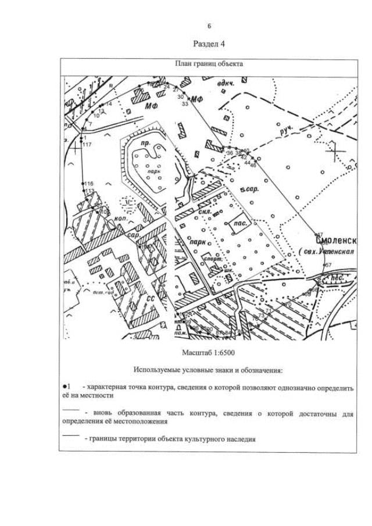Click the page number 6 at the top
click(209, 26)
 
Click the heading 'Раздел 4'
click(209, 44)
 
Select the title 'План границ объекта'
click(209, 65)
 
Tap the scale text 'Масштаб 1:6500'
click(209, 352)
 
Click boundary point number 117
click(87, 144)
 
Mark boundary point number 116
click(88, 184)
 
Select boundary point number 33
click(184, 103)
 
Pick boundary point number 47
click(319, 234)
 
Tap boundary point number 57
click(327, 265)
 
